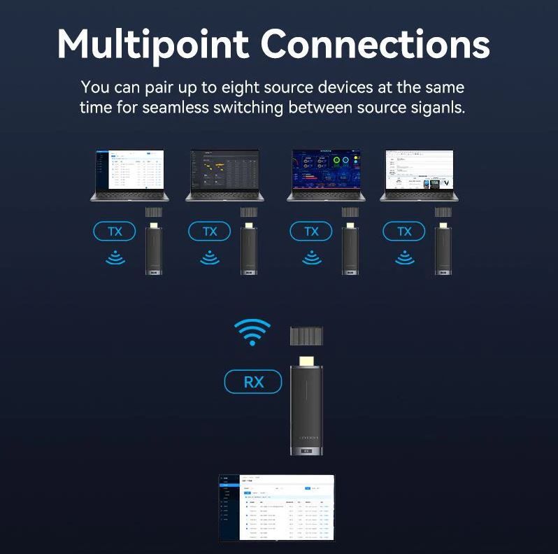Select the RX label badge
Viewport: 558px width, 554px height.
[252, 382]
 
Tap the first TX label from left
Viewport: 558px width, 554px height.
[115, 232]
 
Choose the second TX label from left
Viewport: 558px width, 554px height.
[210, 232]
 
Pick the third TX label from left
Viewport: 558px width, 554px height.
[311, 232]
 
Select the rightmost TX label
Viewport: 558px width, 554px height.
[404, 232]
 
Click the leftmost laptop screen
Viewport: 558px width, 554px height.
[130, 169]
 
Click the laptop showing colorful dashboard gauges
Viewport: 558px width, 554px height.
[325, 169]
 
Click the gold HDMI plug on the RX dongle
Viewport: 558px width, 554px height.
[307, 361]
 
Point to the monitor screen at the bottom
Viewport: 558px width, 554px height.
[278, 507]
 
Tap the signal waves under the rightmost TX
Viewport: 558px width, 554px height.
[404, 258]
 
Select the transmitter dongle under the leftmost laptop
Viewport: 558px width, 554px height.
[153, 249]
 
